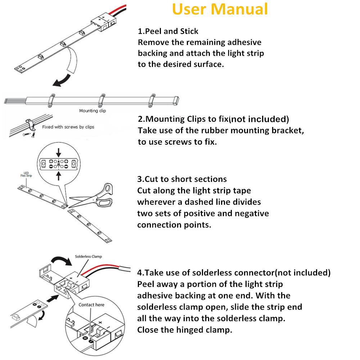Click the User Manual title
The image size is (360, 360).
(x=220, y=9)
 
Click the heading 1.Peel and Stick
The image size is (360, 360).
(x=168, y=31)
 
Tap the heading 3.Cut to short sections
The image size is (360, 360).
(x=182, y=179)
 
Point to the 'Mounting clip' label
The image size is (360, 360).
(x=93, y=111)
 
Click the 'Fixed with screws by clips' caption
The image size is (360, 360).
(x=68, y=127)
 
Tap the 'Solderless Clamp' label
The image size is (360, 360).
(x=88, y=257)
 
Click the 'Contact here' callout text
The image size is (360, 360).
(x=91, y=305)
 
